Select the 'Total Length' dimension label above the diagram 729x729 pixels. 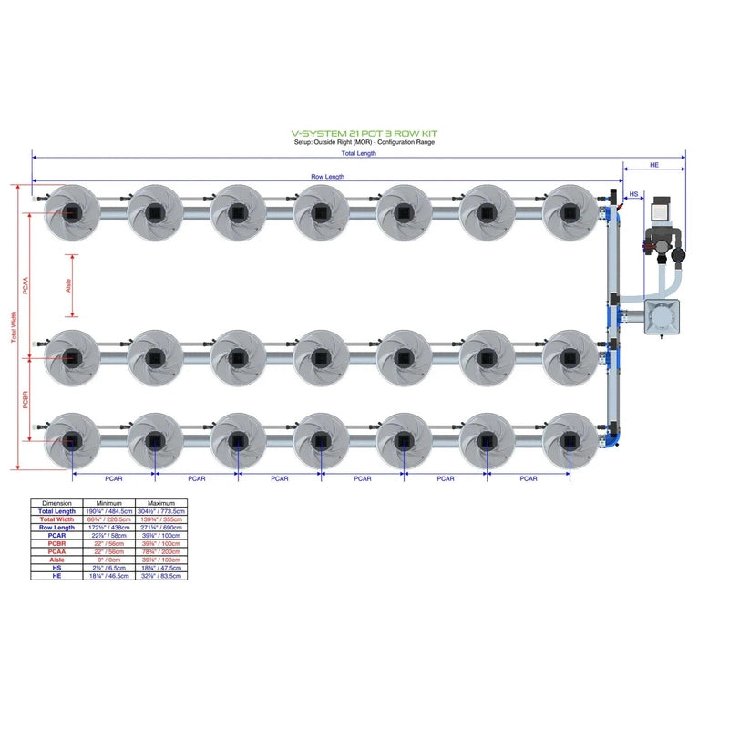click(x=360, y=153)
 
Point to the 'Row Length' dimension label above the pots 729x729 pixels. click(x=328, y=176)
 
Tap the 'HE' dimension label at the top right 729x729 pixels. click(x=654, y=165)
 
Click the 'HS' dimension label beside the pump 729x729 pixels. click(x=635, y=193)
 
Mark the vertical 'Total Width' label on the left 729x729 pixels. click(x=14, y=328)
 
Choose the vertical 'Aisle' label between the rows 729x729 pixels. click(x=67, y=285)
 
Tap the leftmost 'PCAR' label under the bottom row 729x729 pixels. click(x=114, y=477)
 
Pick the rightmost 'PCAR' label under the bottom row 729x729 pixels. click(x=528, y=477)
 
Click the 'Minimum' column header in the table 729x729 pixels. click(x=109, y=503)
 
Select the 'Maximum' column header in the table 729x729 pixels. click(x=161, y=503)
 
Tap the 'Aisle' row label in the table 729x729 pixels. click(x=57, y=560)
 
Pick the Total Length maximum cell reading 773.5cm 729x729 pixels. click(x=161, y=511)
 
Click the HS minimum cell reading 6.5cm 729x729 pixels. click(x=109, y=568)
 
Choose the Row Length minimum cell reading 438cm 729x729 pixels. click(x=109, y=528)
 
